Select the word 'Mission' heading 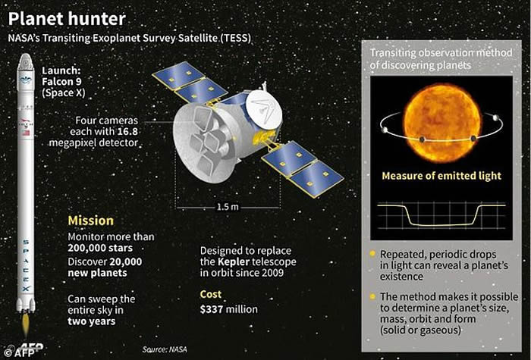coord(91,221)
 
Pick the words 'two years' coord(92,321)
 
